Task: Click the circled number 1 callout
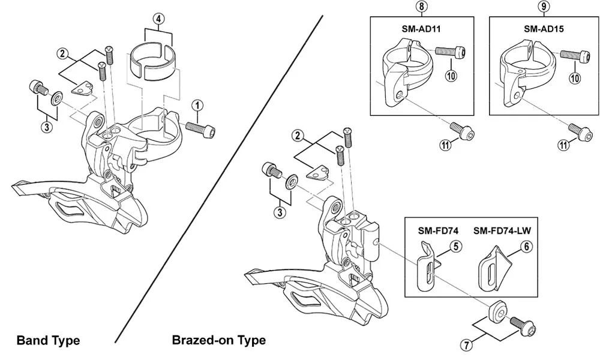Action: click(197, 106)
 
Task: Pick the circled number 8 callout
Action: click(421, 7)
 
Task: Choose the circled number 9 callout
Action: click(543, 7)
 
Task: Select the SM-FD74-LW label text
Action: click(506, 230)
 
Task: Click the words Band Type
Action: click(48, 341)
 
